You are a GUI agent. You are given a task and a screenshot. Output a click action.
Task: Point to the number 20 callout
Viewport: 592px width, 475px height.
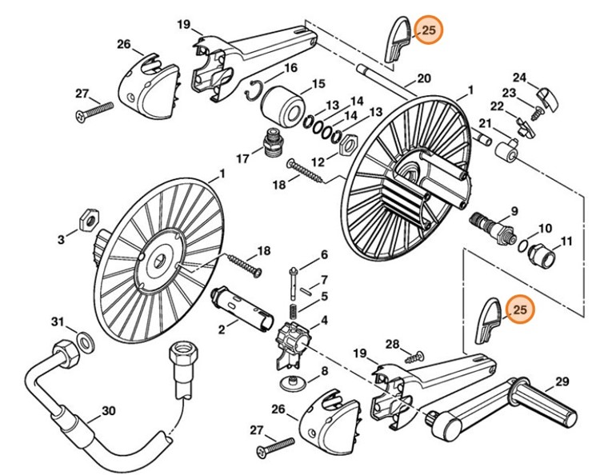click(423, 78)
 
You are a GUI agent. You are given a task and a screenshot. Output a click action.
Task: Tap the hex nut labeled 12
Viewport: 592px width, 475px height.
click(348, 147)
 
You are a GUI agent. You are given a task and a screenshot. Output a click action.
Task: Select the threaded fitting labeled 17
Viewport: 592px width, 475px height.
click(274, 142)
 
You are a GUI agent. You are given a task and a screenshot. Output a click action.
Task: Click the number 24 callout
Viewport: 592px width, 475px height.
click(519, 78)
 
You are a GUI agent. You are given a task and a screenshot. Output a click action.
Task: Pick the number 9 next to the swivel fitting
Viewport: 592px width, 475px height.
click(514, 210)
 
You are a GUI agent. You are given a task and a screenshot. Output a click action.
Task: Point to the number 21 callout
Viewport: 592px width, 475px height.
click(486, 122)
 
